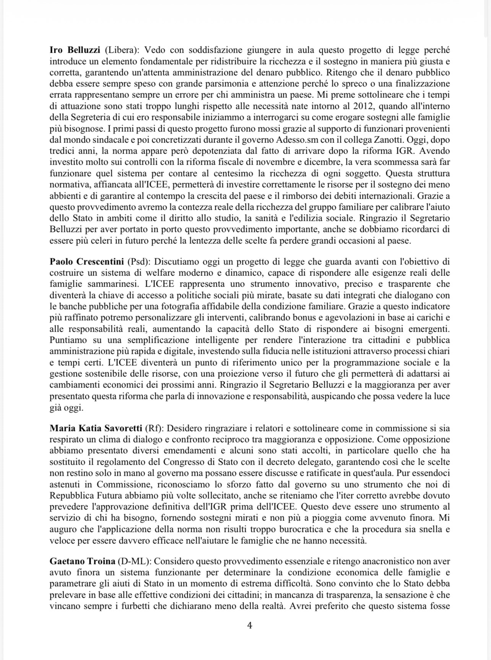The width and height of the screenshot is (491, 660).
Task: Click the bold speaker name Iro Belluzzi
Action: pos(75,50)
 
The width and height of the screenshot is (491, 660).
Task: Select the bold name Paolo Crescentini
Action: pos(87,262)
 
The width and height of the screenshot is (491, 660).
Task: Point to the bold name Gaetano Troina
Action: pos(83,561)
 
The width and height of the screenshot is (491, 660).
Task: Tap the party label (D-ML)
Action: pos(135,561)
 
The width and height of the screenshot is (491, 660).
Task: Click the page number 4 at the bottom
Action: pos(250,626)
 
